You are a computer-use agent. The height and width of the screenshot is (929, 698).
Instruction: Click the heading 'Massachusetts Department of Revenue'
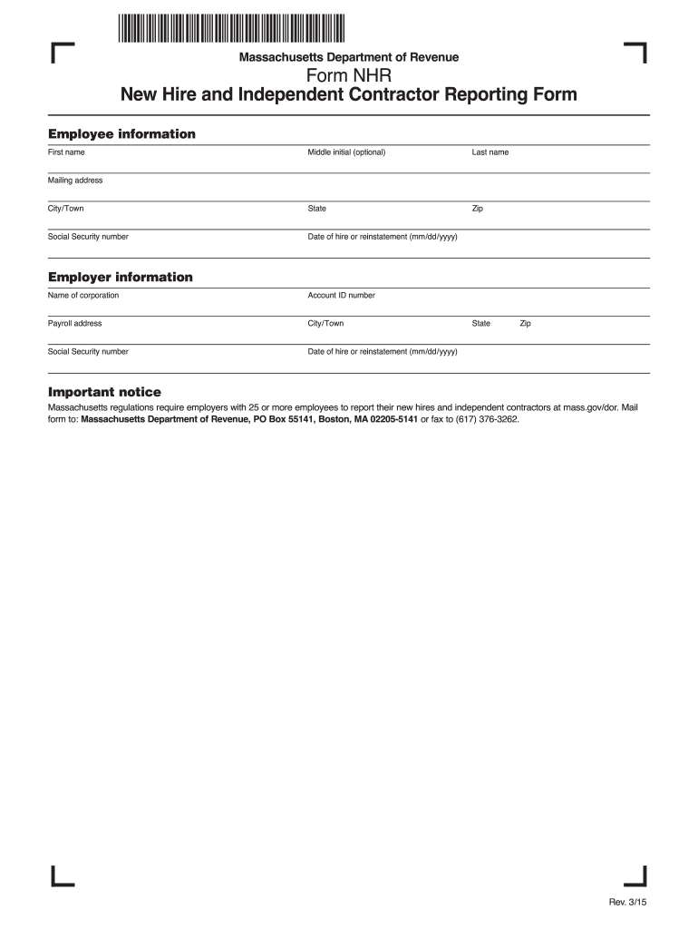click(x=348, y=57)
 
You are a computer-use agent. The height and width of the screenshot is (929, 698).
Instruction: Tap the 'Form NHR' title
click(x=348, y=76)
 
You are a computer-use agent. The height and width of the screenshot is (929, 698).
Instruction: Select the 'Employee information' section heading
click(x=121, y=134)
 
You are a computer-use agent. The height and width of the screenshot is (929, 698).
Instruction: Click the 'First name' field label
click(x=66, y=152)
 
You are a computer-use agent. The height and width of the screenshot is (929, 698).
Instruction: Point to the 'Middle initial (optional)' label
click(x=346, y=152)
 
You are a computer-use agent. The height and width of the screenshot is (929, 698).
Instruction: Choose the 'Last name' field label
click(x=490, y=152)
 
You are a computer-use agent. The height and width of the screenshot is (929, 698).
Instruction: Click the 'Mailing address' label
click(x=75, y=181)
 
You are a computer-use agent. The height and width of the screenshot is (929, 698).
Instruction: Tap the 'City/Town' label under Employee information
click(x=65, y=209)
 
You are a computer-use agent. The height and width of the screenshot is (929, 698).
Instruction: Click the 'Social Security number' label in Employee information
click(x=88, y=237)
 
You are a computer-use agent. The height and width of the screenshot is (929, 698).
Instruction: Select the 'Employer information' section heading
click(x=120, y=277)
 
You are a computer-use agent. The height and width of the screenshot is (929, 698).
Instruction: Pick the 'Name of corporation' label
click(x=83, y=295)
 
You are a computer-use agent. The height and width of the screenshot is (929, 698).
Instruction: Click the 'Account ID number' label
click(x=341, y=295)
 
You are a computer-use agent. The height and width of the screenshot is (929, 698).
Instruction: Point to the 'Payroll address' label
click(x=74, y=323)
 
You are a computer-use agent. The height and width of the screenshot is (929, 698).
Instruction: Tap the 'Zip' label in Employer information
click(x=525, y=323)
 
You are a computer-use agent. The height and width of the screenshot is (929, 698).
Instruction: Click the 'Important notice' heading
click(x=104, y=392)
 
